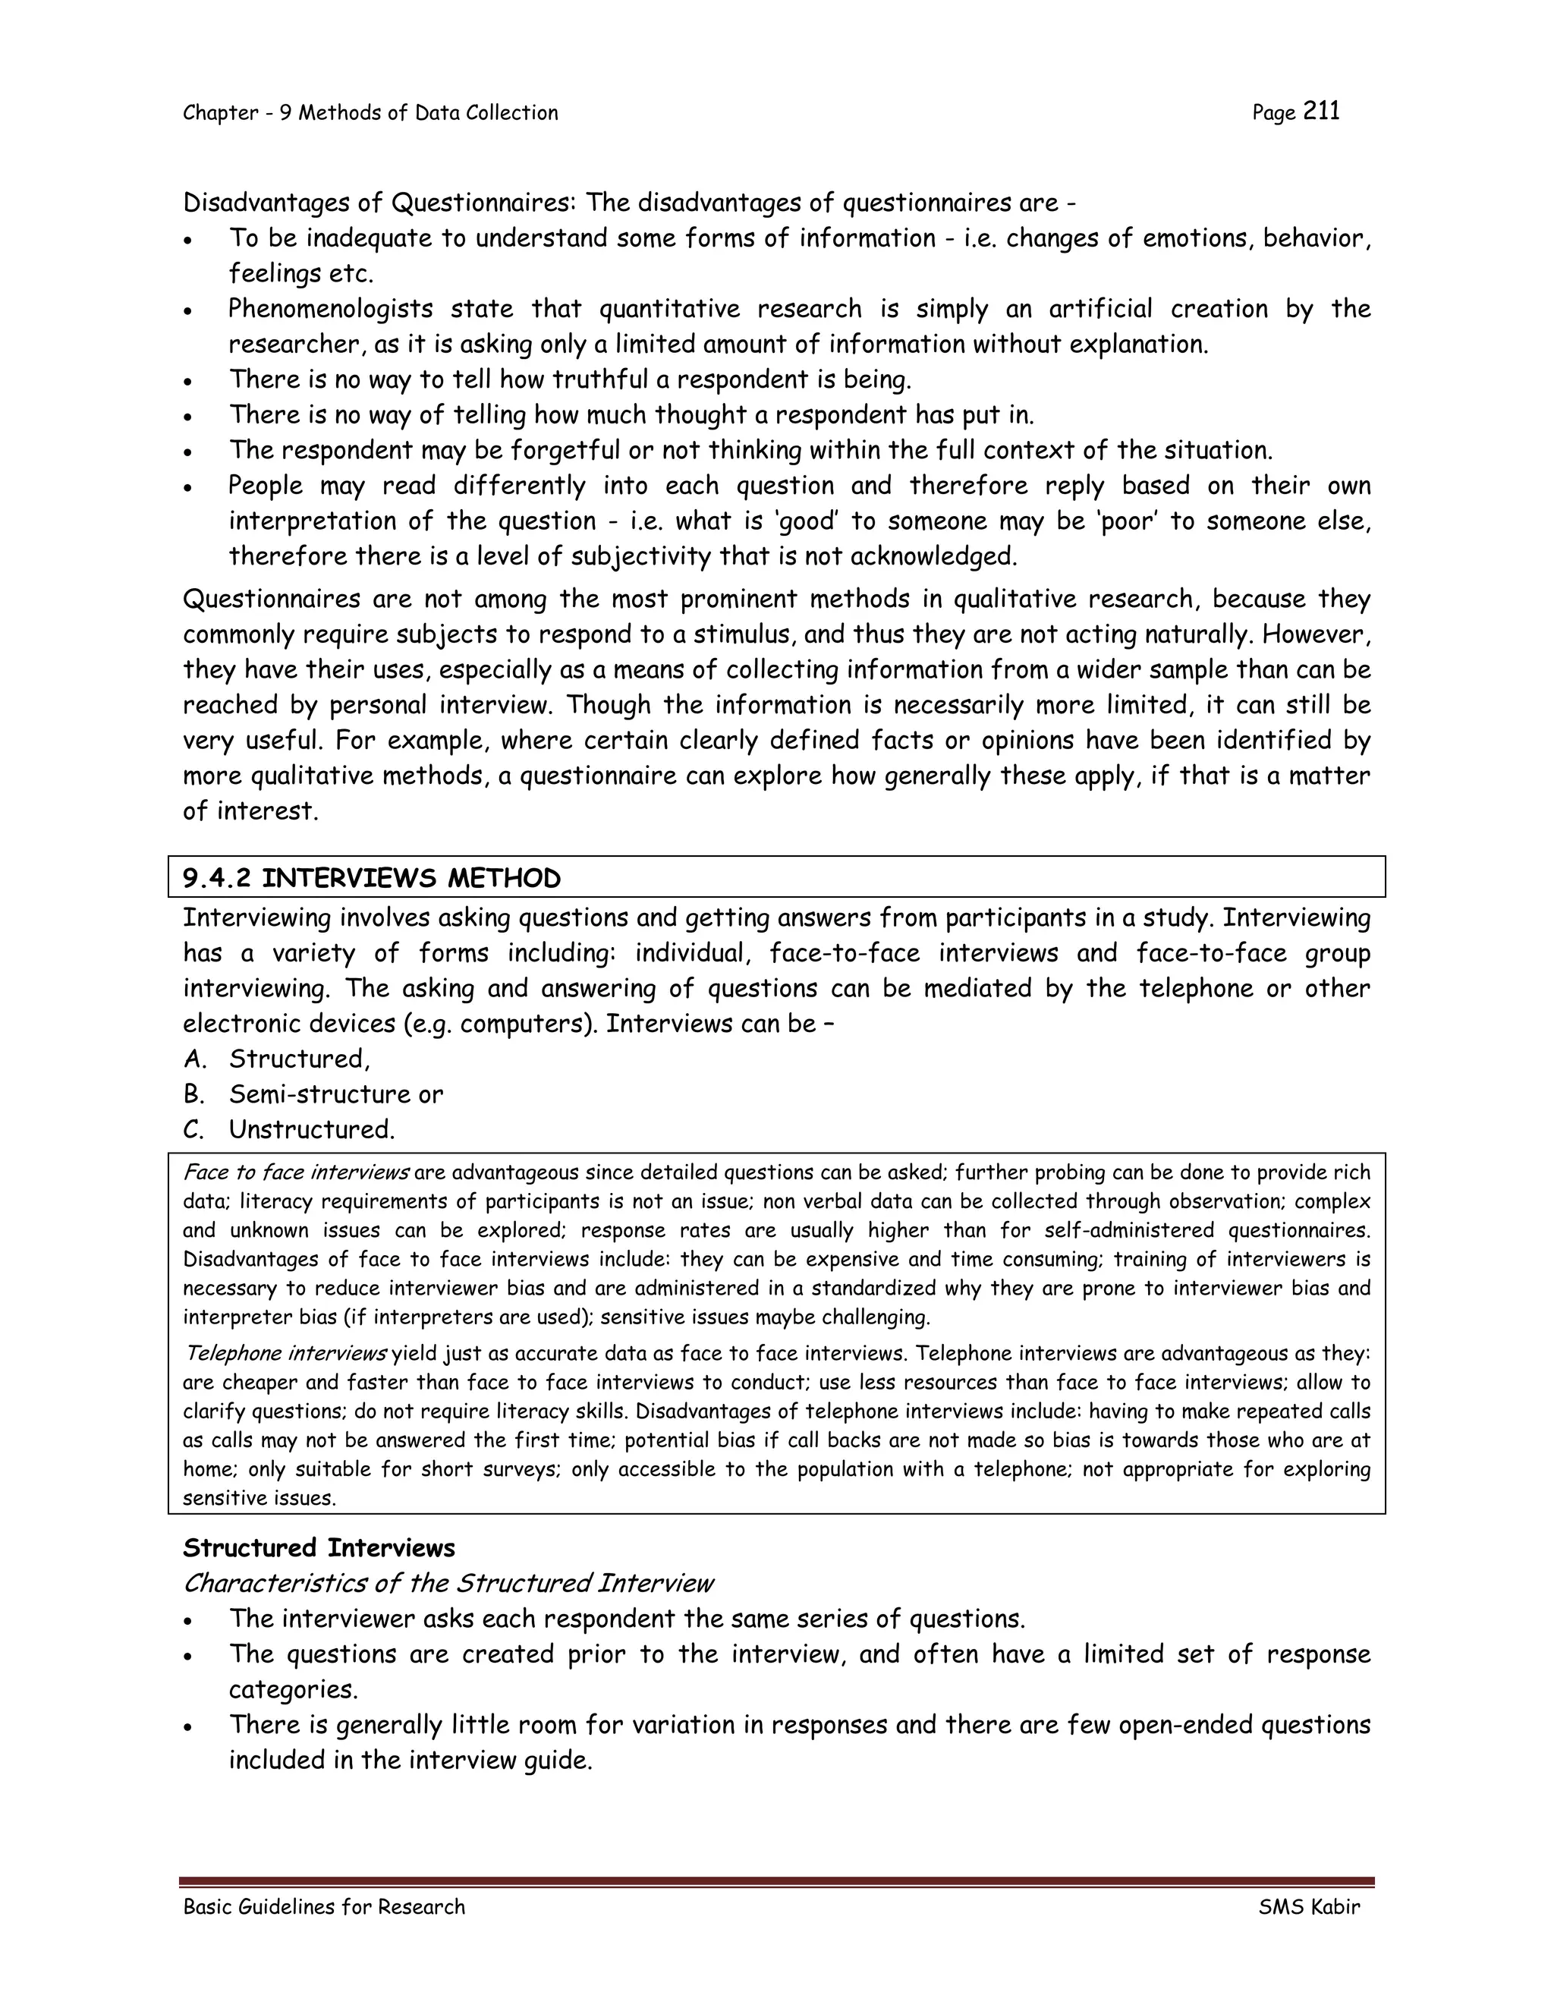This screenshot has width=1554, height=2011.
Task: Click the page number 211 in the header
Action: coord(1321,112)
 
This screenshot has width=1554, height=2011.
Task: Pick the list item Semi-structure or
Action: coord(335,1094)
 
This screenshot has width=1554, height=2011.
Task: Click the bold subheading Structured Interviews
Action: coord(319,1548)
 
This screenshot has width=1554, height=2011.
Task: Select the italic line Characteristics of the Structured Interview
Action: coord(448,1583)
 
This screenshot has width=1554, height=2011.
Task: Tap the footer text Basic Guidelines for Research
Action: coord(324,1906)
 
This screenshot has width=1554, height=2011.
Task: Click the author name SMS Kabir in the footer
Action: coord(1308,1906)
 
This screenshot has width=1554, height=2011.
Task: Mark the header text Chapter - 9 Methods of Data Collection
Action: coord(370,112)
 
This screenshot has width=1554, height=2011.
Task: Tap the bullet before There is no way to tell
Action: coord(188,381)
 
